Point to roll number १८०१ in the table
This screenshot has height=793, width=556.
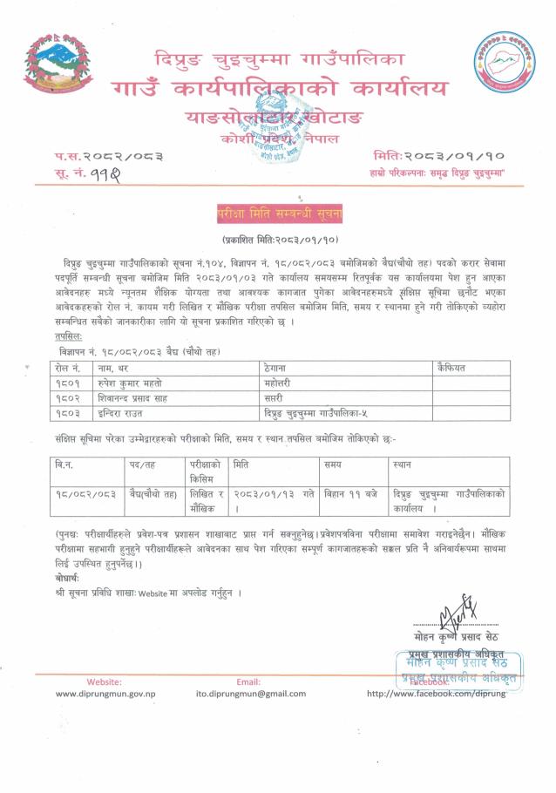(x=67, y=383)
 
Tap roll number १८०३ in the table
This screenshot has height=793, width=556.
(x=67, y=411)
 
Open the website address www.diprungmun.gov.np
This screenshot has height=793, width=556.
(x=105, y=694)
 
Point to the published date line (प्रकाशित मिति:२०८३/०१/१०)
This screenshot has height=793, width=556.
(x=277, y=239)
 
